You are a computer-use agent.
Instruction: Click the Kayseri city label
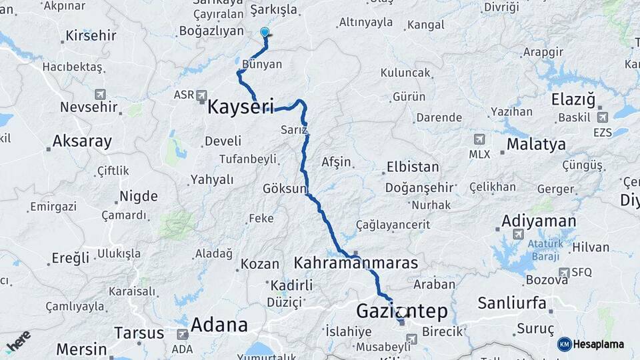coord(241,107)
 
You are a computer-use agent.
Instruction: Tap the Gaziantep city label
coord(401,311)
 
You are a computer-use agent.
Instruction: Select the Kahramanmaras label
coord(356,263)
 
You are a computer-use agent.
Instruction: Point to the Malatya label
coord(536,145)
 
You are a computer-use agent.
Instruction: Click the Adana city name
coord(219,325)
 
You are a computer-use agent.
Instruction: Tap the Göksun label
coord(284,188)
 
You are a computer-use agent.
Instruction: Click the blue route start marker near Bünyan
coord(265,32)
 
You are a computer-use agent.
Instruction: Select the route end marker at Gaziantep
coord(402,312)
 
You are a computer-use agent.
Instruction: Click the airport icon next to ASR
coord(201,96)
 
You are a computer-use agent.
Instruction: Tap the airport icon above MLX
coord(479,139)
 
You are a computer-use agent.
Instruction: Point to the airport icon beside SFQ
coord(564,272)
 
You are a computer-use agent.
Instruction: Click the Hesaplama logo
coord(591,344)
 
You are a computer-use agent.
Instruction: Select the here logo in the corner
coord(18,341)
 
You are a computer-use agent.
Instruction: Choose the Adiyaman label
coord(539,221)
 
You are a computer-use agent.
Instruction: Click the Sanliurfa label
coord(512,303)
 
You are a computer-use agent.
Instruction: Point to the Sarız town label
coord(294,129)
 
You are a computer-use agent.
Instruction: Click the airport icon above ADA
coord(182,335)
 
